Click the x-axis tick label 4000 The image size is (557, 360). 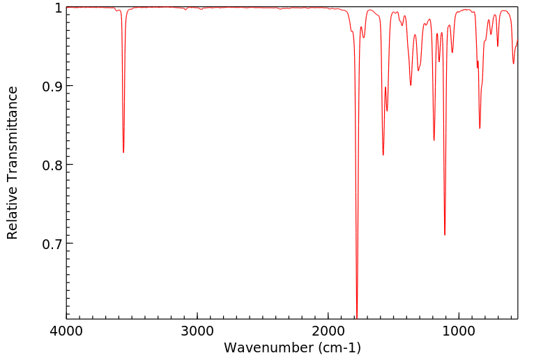coord(66,330)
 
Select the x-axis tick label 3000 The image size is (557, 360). coord(197,330)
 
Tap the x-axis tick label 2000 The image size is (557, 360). coord(328,330)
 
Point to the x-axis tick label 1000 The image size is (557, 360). coord(459,330)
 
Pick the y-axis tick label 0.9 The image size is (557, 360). coord(51,87)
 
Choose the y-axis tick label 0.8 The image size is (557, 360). coord(51,165)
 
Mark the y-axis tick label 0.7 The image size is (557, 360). coord(51,243)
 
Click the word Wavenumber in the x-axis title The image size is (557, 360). coord(269,347)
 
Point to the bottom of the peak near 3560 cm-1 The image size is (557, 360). coord(123,152)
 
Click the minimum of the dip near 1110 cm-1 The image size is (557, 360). coord(445,234)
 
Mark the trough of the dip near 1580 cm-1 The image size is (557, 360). coord(383,155)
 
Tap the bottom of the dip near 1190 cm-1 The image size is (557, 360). coord(434,140)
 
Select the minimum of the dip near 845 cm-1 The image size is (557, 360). coord(480,128)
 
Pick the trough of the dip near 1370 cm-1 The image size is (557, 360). coord(411,85)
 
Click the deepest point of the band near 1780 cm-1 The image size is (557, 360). coord(357,317)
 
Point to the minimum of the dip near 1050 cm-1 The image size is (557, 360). coord(452,52)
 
